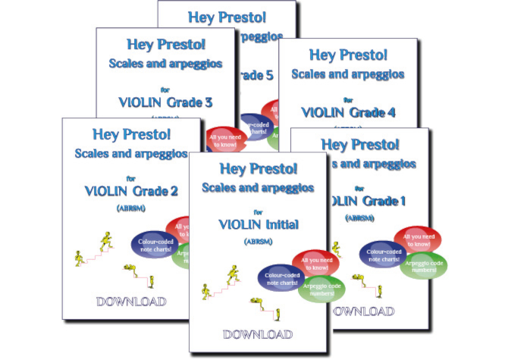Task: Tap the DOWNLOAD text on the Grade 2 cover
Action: pos(130,301)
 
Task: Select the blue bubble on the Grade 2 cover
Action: pos(156,243)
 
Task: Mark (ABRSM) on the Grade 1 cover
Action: pos(359,218)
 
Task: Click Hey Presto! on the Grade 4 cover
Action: pos(350,56)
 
